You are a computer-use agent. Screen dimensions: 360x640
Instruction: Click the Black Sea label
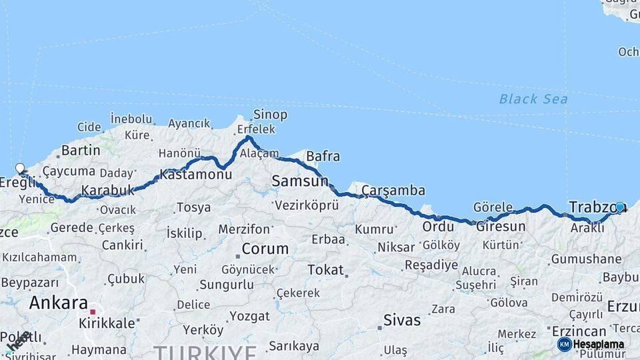[x=533, y=99]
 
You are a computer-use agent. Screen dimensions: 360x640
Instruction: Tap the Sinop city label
[x=271, y=115]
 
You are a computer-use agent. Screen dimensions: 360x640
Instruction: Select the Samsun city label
[x=300, y=181]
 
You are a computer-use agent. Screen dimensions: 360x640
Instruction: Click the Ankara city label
[x=58, y=303]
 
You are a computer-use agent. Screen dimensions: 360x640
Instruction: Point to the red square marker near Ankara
[x=93, y=311]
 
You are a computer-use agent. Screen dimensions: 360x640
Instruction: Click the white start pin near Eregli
[x=20, y=169]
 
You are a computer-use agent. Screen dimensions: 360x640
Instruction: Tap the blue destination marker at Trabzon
[x=619, y=207]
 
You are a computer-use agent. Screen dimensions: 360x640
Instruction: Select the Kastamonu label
[x=196, y=175]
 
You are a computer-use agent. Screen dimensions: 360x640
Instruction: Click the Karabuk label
[x=107, y=191]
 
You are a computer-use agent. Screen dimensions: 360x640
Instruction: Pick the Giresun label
[x=500, y=226]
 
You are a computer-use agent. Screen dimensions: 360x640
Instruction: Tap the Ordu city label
[x=438, y=226]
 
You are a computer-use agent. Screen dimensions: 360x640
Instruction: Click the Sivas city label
[x=402, y=320]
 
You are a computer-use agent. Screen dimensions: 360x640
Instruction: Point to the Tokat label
[x=325, y=270]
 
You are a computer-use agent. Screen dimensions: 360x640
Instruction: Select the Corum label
[x=265, y=249]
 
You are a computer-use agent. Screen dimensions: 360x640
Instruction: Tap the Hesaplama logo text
[x=598, y=345]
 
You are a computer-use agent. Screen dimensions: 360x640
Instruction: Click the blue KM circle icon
[x=564, y=344]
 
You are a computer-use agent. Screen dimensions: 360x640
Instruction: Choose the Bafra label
[x=323, y=157]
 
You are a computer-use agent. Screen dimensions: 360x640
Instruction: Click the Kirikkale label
[x=107, y=321]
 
